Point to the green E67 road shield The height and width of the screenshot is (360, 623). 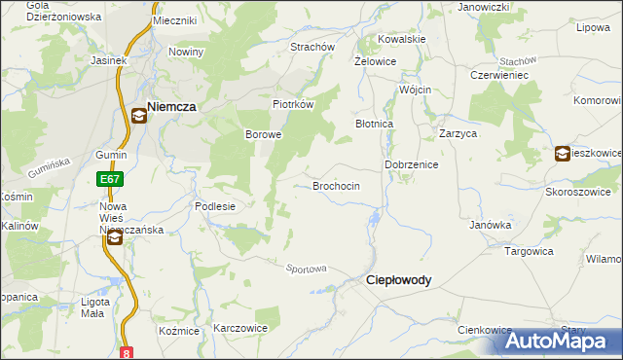point(109,179)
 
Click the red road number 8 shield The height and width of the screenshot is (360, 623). point(127,352)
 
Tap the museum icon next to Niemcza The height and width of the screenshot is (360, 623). point(139,117)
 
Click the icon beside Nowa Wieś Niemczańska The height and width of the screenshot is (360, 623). point(115,236)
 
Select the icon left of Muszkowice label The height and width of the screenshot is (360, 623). point(564,153)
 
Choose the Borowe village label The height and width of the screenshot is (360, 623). point(263,134)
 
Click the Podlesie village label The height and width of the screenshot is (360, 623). point(215,205)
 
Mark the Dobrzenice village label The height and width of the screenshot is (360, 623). point(412,165)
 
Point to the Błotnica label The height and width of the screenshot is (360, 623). point(374,125)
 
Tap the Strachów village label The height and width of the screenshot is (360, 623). point(312,47)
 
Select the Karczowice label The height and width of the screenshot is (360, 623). point(240,328)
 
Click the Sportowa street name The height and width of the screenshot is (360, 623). point(306,268)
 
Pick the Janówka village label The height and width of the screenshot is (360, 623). point(491,225)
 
